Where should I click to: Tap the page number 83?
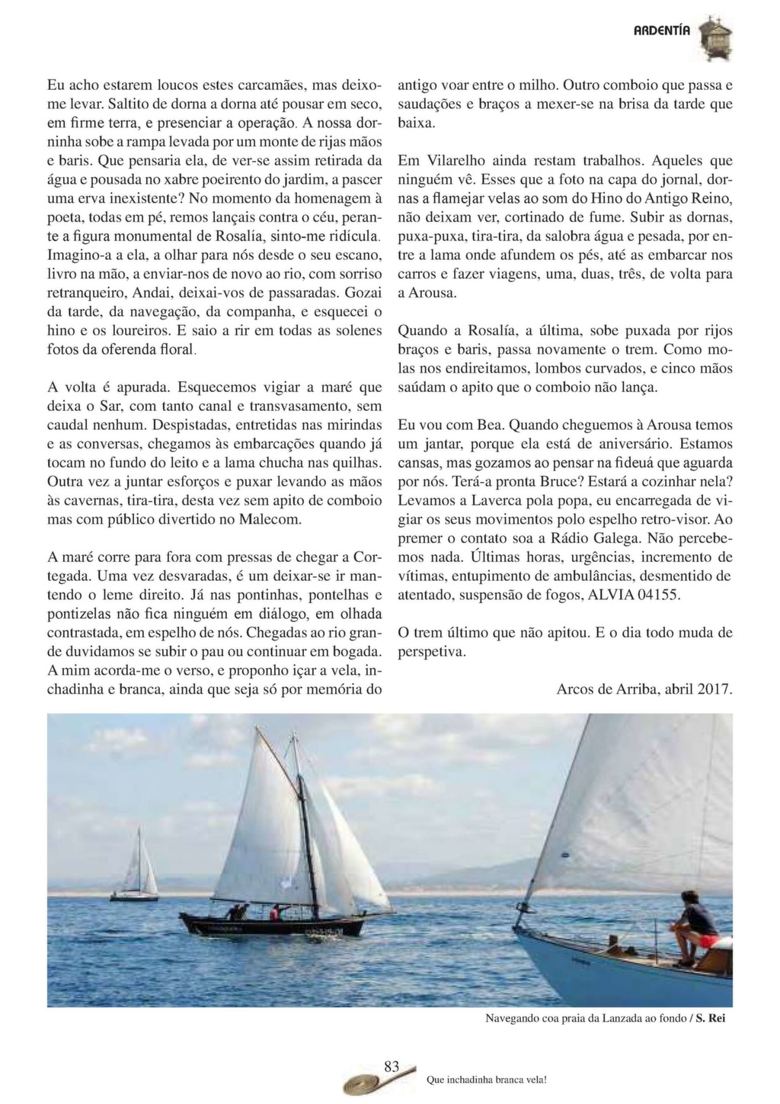(x=392, y=1067)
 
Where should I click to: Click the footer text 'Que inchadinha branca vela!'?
(x=487, y=1080)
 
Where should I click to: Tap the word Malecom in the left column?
(x=271, y=519)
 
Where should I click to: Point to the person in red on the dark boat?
(x=275, y=911)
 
